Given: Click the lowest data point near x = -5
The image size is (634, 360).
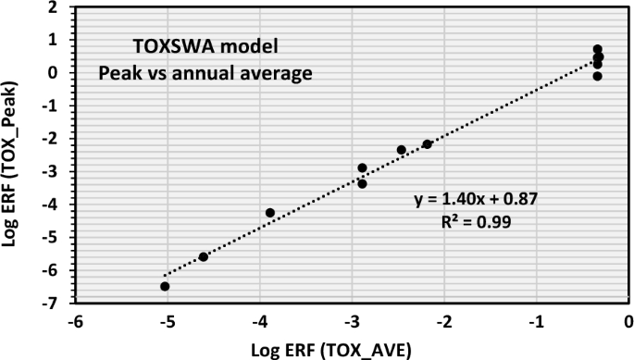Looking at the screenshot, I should point(165,286).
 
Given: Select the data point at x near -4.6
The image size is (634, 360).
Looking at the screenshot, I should point(204,256).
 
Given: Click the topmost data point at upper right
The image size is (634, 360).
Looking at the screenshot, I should point(598,49).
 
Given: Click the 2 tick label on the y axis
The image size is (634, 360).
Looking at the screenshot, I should point(57,7).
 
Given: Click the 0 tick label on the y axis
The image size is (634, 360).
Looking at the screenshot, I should point(57,73).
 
